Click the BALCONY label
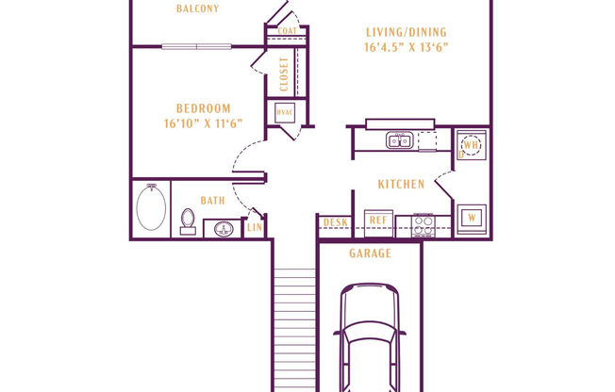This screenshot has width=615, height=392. click(197, 9)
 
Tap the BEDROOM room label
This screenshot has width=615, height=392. click(203, 108)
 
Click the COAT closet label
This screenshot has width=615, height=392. click(289, 31)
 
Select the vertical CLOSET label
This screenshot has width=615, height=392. click(284, 73)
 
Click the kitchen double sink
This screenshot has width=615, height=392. click(398, 141)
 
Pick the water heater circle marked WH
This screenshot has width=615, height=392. click(472, 146)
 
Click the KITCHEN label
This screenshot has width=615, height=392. click(401, 184)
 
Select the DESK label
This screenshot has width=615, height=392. click(334, 222)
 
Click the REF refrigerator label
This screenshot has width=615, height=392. click(377, 221)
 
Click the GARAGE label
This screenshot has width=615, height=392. click(370, 253)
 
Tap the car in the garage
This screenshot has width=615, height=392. click(371, 339)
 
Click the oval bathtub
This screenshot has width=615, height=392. click(151, 209)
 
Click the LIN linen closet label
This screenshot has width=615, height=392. click(254, 227)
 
